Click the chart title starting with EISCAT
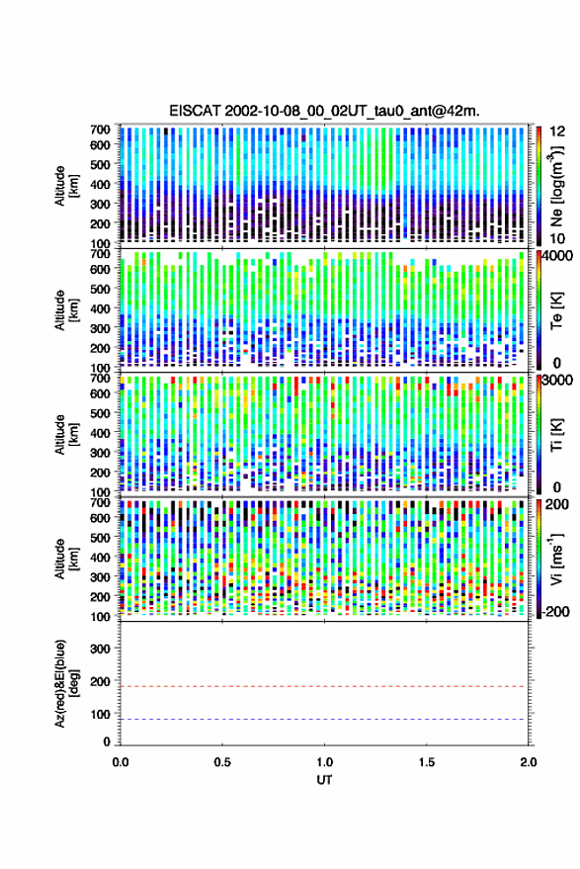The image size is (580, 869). [x=325, y=111]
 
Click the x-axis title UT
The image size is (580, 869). [x=325, y=780]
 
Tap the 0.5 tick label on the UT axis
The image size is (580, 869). [x=222, y=762]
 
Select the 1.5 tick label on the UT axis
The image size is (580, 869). [x=427, y=762]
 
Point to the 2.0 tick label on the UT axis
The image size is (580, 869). [x=528, y=762]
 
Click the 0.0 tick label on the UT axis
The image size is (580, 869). [x=121, y=762]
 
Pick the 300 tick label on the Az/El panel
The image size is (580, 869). [x=100, y=649]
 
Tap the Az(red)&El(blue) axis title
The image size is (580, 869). [x=65, y=683]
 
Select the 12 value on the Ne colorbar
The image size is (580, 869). [x=558, y=131]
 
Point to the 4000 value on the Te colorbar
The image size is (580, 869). [x=558, y=256]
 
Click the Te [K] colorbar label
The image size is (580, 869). [x=556, y=309]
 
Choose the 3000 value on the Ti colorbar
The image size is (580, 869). [x=558, y=381]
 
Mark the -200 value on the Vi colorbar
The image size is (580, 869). [x=555, y=612]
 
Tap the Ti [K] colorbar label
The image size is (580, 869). [x=556, y=435]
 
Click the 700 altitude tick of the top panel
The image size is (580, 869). [x=100, y=130]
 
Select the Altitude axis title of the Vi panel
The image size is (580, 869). [x=65, y=560]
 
